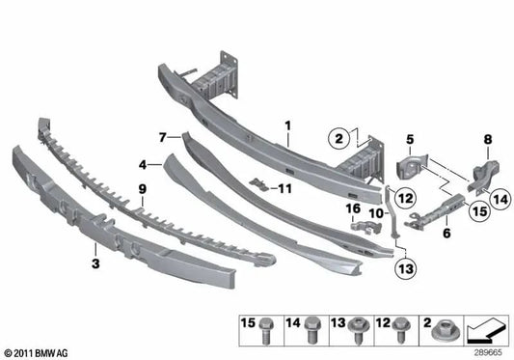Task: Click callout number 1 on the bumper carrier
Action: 286,125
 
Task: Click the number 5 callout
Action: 408,139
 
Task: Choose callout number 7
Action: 164,137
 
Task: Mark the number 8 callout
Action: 487,140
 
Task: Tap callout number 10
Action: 377,211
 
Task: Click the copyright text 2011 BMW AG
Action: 39,353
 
